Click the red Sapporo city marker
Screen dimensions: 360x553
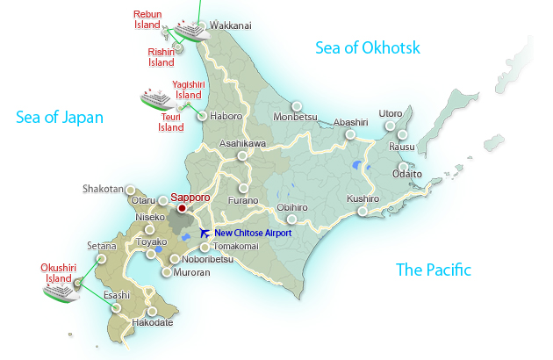click(182, 209)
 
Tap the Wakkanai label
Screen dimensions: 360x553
click(230, 26)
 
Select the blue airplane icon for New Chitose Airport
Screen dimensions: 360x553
click(205, 233)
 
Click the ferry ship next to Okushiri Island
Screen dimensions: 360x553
click(61, 289)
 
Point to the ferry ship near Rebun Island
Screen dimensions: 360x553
click(189, 29)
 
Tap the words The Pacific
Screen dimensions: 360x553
click(434, 270)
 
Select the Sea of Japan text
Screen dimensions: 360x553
click(60, 117)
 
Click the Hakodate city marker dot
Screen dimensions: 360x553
click(152, 311)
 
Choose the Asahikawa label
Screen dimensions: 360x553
click(242, 143)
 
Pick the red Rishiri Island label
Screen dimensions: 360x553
click(162, 57)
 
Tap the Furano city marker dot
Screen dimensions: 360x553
click(243, 188)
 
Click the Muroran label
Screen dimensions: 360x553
click(190, 273)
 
